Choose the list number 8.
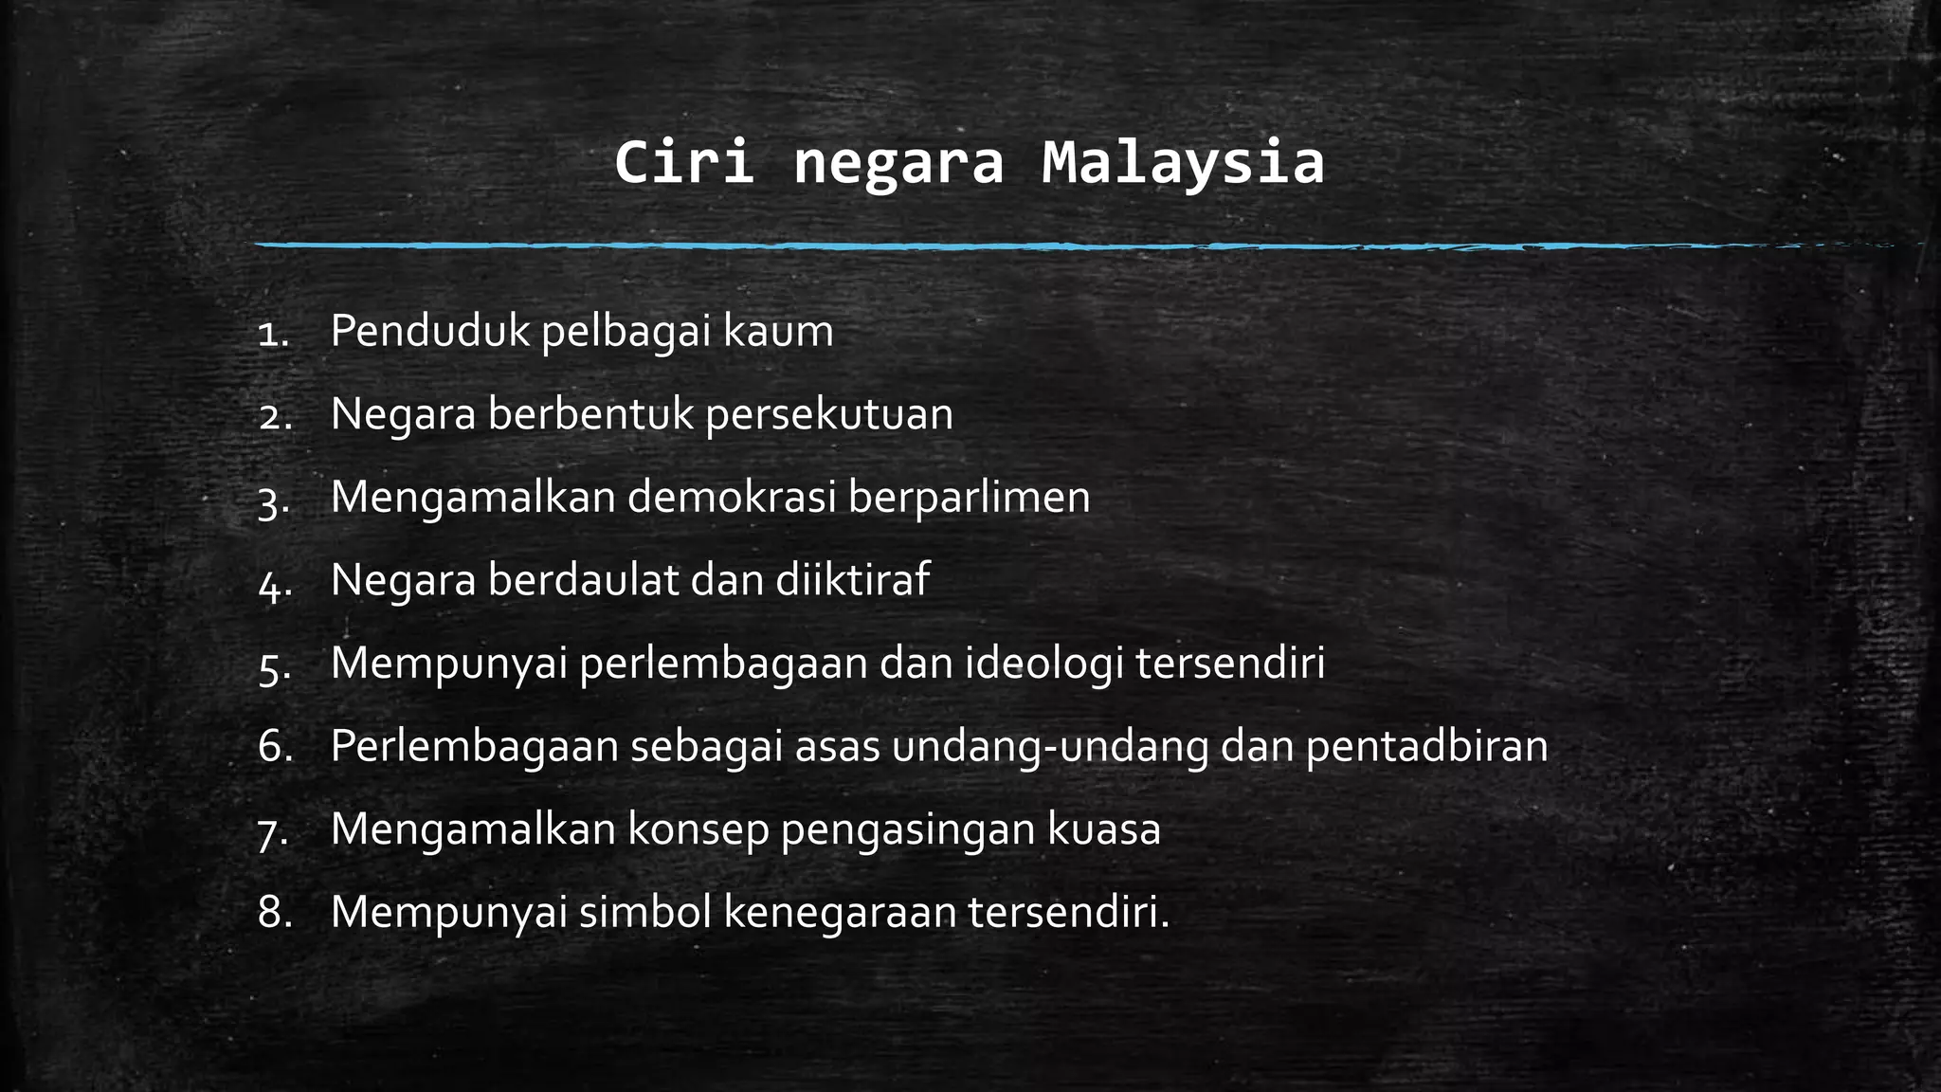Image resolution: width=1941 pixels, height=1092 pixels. pyautogui.click(x=272, y=913)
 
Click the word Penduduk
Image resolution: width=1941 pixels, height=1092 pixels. pyautogui.click(x=430, y=331)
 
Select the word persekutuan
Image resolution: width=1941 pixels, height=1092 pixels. pyautogui.click(x=829, y=415)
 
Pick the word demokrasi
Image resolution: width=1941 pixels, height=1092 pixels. pyautogui.click(x=732, y=497)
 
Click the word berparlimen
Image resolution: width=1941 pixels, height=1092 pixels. pyautogui.click(x=969, y=499)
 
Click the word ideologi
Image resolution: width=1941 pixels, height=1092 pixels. pyautogui.click(x=1044, y=664)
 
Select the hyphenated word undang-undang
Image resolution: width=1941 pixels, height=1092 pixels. pyautogui.click(x=1050, y=747)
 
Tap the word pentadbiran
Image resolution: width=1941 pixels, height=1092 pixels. pyautogui.click(x=1426, y=747)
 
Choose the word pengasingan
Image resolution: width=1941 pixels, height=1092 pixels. pyautogui.click(x=908, y=830)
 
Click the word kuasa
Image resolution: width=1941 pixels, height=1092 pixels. pyautogui.click(x=1104, y=829)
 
